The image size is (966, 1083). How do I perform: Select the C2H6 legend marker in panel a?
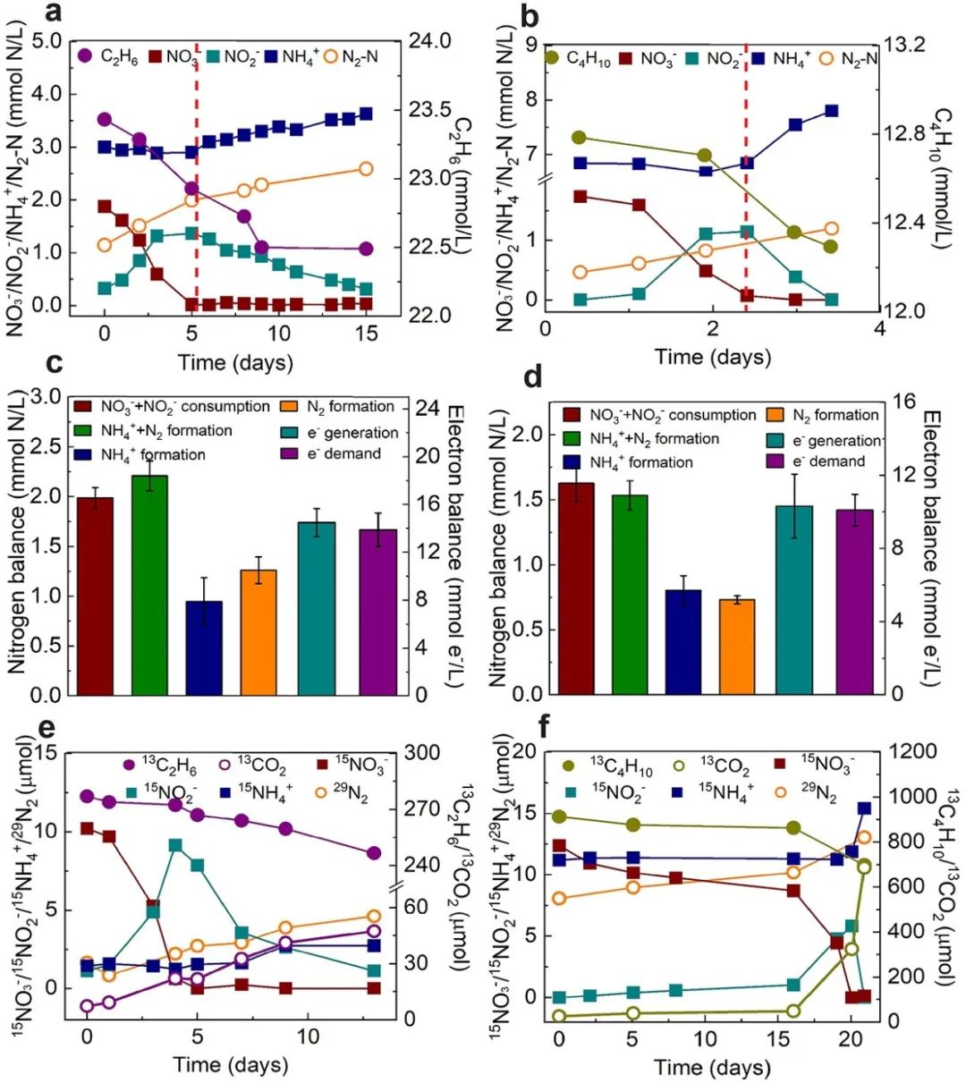point(85,55)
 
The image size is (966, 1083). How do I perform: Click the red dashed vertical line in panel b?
point(745,179)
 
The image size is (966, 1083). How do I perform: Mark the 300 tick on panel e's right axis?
point(422,752)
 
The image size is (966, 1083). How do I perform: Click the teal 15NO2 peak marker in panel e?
point(175,845)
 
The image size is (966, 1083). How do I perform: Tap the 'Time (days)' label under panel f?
point(712,1067)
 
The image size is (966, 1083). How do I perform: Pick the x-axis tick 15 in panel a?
point(366,333)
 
